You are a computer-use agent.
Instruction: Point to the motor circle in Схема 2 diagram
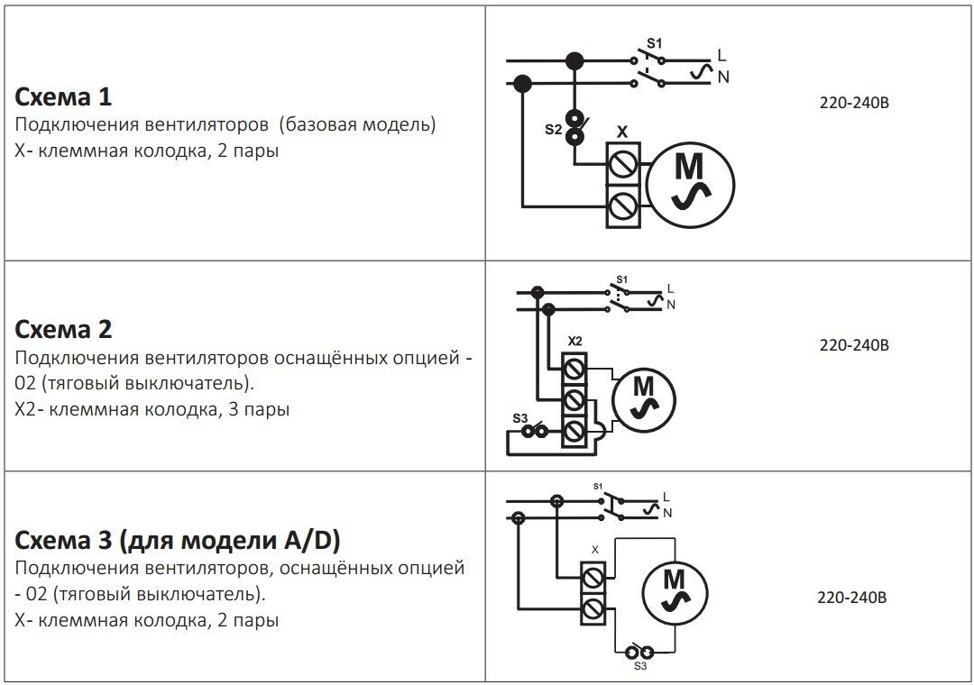pyautogui.click(x=644, y=398)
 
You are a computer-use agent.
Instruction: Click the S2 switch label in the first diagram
pyautogui.click(x=553, y=131)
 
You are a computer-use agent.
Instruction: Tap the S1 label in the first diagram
pyautogui.click(x=656, y=43)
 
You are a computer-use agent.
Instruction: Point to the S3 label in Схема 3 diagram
pyautogui.click(x=639, y=667)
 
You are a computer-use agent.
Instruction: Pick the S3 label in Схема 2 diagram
pyautogui.click(x=519, y=417)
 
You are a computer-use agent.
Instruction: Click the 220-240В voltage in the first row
pyautogui.click(x=853, y=103)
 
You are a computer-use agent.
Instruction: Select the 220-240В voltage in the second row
pyautogui.click(x=853, y=345)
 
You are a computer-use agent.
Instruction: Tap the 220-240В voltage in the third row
pyautogui.click(x=853, y=597)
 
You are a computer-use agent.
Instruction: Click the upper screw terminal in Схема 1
pyautogui.click(x=623, y=164)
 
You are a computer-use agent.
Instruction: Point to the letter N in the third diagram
pyautogui.click(x=668, y=514)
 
